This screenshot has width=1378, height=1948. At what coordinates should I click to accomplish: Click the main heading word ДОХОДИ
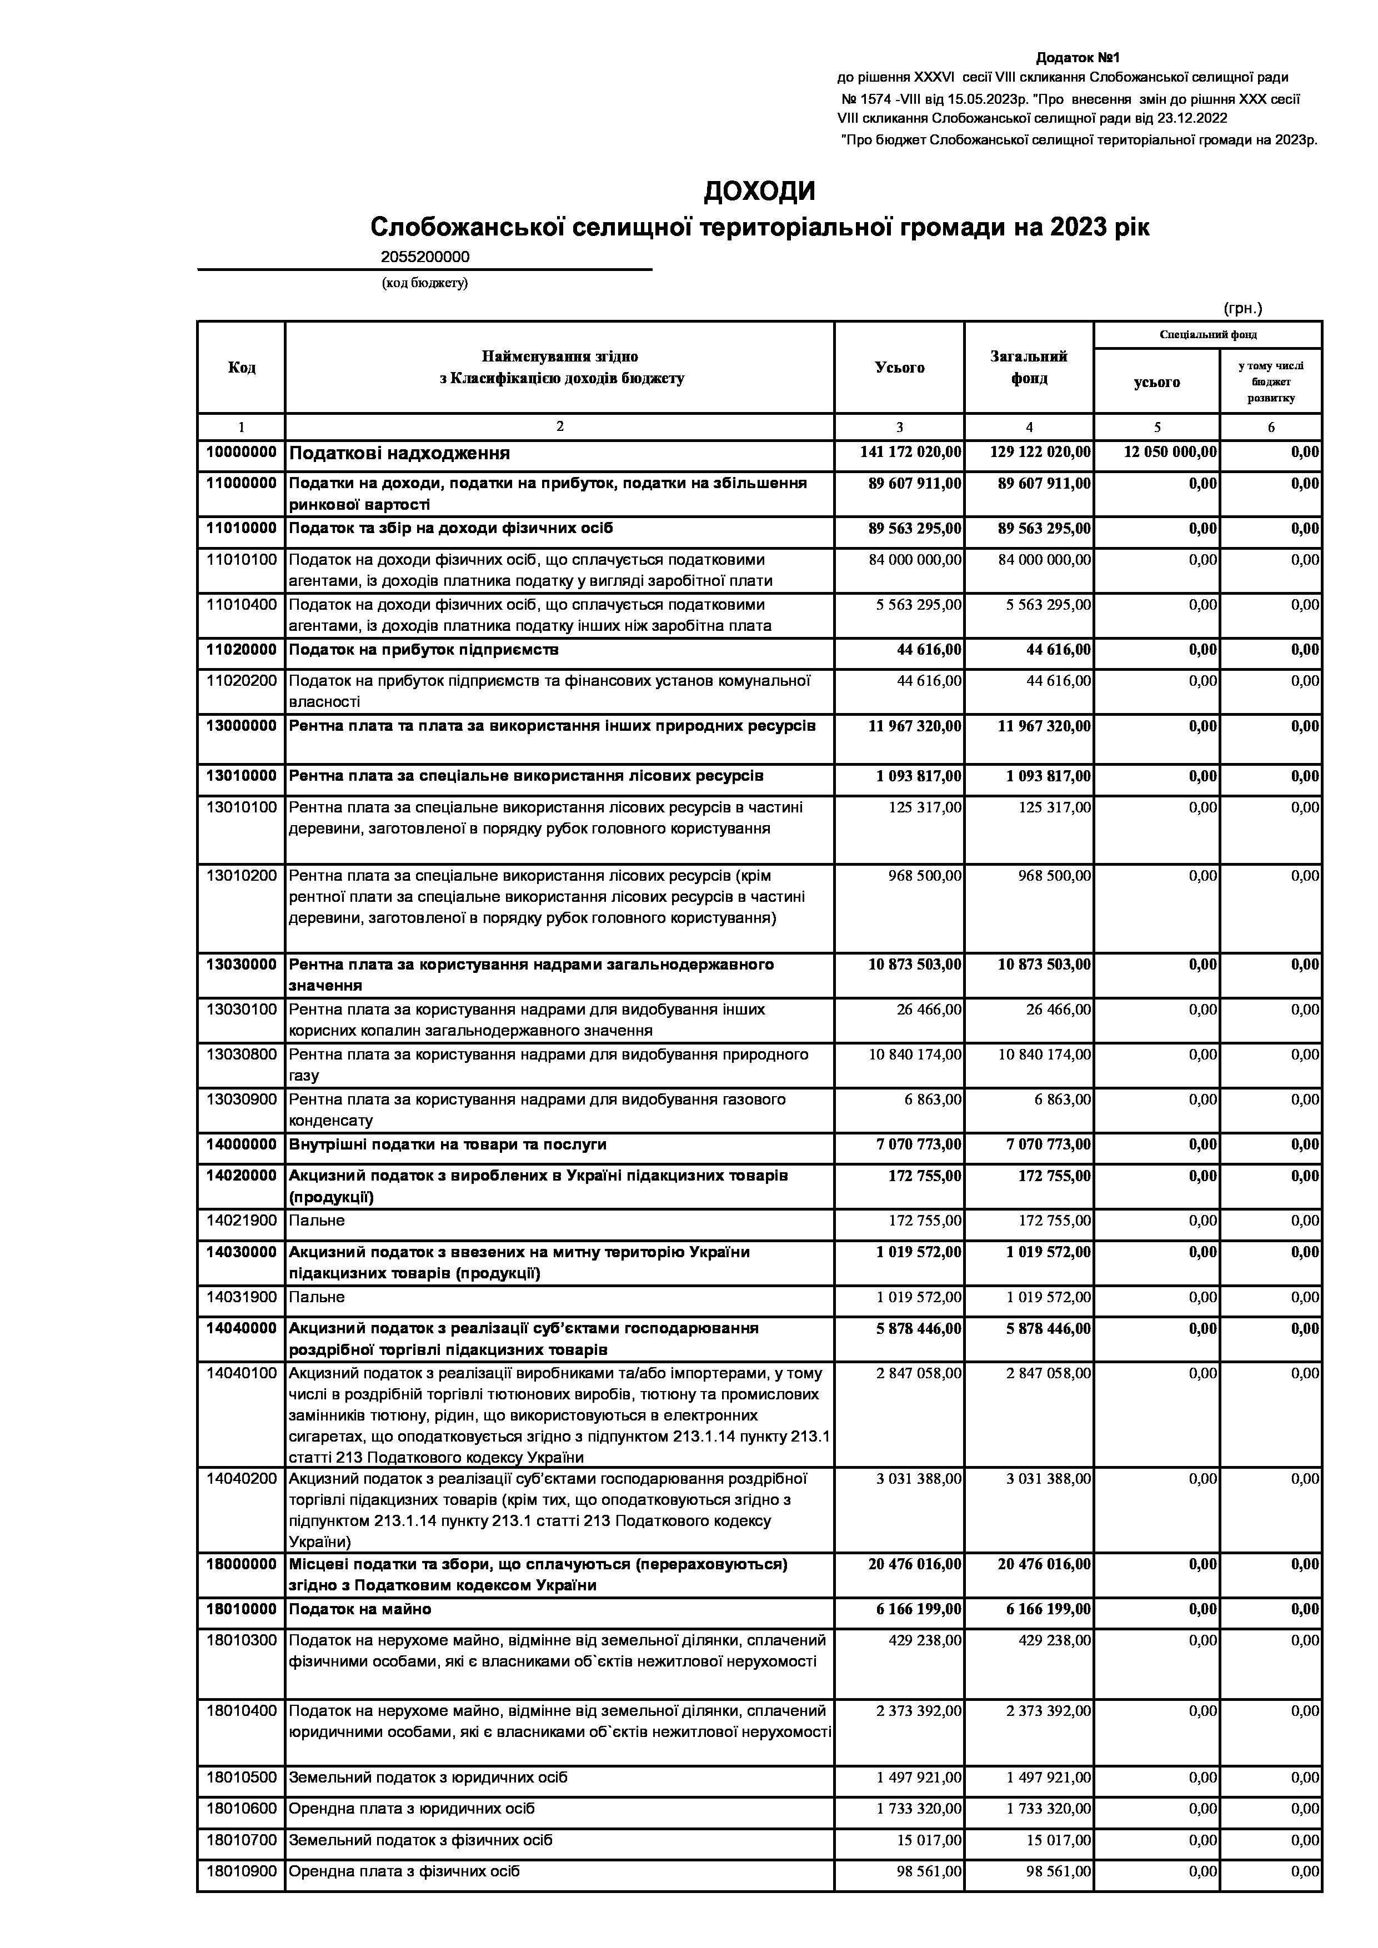tap(759, 192)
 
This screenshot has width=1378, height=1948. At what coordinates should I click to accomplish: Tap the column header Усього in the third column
tap(899, 368)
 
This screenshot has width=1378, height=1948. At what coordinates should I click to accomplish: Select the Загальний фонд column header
tap(1029, 368)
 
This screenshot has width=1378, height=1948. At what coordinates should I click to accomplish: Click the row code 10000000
tap(241, 452)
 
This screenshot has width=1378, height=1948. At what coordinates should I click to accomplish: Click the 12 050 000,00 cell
tap(1170, 452)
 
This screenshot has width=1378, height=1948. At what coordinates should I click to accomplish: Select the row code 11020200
tap(241, 680)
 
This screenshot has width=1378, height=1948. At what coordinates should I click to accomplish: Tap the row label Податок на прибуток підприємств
tap(423, 650)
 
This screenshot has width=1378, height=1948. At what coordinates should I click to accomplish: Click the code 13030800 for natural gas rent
tap(241, 1055)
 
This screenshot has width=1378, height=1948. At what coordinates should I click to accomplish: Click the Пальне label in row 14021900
tap(317, 1221)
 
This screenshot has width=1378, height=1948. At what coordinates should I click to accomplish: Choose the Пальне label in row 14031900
tap(317, 1297)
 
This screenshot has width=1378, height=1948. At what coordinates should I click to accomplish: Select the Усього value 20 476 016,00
tap(915, 1564)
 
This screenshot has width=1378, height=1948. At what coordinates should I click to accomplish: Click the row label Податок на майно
tap(360, 1609)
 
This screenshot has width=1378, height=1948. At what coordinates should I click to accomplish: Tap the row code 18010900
tap(241, 1871)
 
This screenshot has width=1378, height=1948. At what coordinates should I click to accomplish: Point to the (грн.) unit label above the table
tap(1242, 308)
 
